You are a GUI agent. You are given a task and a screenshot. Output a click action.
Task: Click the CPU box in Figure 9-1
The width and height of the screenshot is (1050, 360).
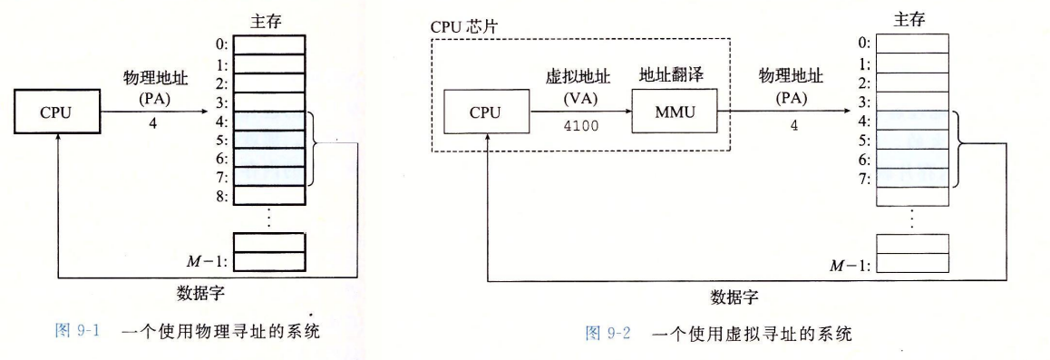pyautogui.click(x=55, y=115)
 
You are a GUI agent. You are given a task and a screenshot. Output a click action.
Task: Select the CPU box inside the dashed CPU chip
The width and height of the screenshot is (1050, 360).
pyautogui.click(x=485, y=114)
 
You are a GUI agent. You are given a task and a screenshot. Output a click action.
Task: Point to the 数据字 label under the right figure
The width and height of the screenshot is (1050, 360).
pyautogui.click(x=734, y=297)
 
